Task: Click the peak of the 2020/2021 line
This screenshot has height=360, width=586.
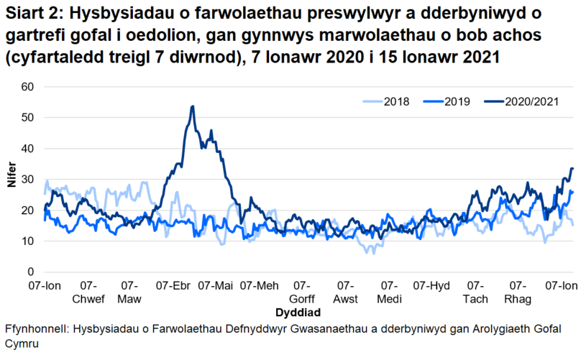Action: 192,106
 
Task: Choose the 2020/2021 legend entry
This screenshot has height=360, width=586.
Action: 527,102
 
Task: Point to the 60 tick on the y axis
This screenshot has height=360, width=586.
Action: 29,86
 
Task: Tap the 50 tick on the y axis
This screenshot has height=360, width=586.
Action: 29,117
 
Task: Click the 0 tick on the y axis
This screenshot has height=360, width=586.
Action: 32,272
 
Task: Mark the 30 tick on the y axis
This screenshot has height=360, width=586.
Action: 29,180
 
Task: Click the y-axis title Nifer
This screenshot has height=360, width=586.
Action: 11,179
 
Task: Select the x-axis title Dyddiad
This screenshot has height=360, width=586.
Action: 298,313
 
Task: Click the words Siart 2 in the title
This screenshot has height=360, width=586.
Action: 29,15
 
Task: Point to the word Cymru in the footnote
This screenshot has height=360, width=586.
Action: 22,343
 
